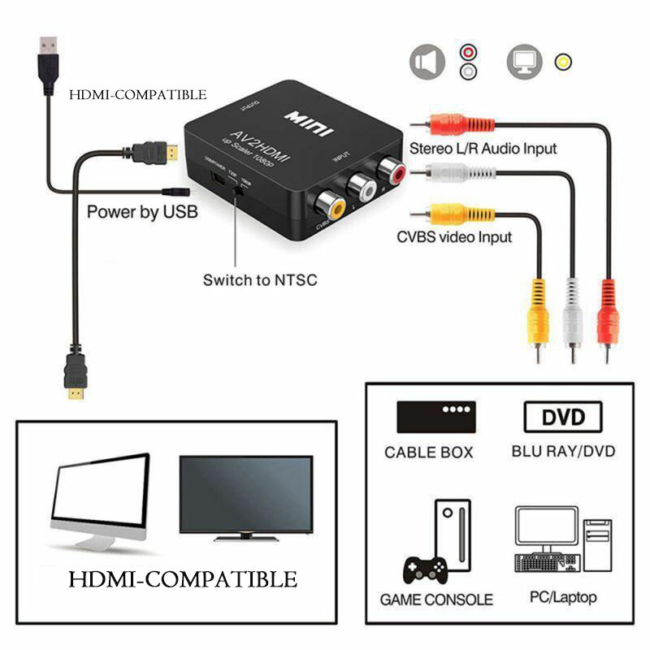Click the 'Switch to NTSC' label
click(259, 280)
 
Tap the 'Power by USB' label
click(141, 213)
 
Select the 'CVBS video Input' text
click(454, 237)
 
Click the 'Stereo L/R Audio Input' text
click(483, 149)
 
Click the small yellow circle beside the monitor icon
click(562, 62)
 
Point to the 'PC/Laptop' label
click(563, 597)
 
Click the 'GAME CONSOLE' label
click(436, 600)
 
